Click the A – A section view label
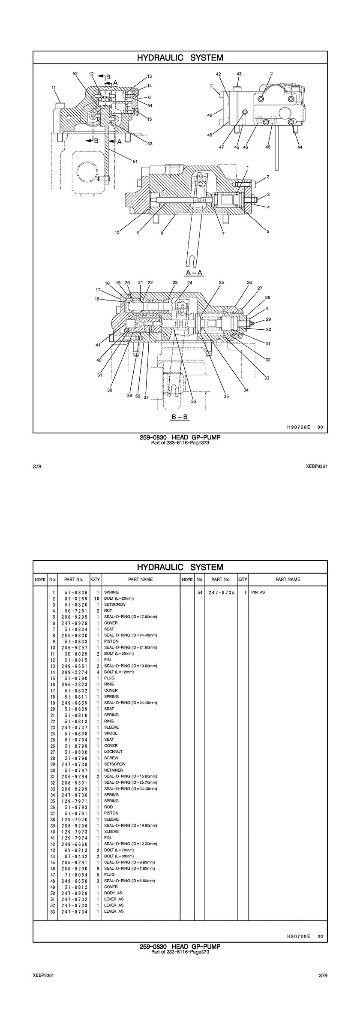[x=194, y=273]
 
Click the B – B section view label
[x=180, y=416]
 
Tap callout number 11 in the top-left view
[x=54, y=87]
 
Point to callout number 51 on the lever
[x=135, y=161]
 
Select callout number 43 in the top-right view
[x=239, y=74]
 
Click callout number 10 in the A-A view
[x=117, y=233]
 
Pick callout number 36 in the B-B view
[x=193, y=401]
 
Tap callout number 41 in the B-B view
[x=98, y=344]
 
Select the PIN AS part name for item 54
[x=258, y=592]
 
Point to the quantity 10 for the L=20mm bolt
[x=97, y=598]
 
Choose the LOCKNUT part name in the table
[x=113, y=752]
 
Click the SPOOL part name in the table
[x=111, y=733]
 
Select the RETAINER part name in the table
[x=113, y=770]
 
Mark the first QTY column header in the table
[x=96, y=579]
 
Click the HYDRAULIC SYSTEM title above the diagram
[x=180, y=57]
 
